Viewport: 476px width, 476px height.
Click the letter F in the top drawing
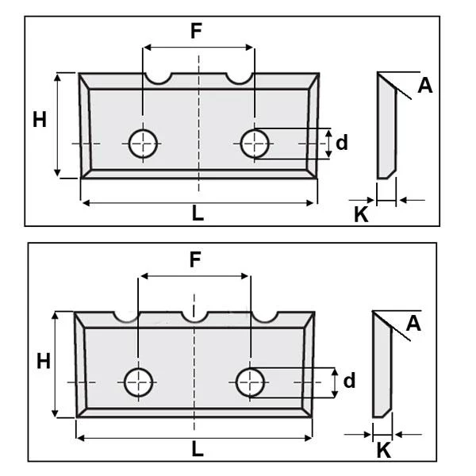click(x=197, y=32)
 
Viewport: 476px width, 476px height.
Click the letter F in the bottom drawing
click(x=194, y=260)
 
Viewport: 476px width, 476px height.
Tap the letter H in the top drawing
click(x=40, y=121)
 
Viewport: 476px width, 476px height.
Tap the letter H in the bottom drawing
click(x=44, y=362)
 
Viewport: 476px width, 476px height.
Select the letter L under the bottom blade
click(x=197, y=449)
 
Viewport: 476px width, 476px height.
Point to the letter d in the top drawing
click(x=342, y=143)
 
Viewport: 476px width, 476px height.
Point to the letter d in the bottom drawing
click(x=349, y=382)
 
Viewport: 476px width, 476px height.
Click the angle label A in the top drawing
click(x=425, y=86)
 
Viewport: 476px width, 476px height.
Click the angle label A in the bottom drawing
click(x=413, y=323)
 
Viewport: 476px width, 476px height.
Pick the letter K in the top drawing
click(x=361, y=214)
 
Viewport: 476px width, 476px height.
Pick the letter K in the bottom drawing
click(x=382, y=451)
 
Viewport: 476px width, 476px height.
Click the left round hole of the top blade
click(x=144, y=143)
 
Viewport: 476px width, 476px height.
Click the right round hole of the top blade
click(x=255, y=143)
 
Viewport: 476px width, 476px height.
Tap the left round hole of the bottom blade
click(x=139, y=382)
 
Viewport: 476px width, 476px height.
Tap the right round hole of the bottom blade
click(x=251, y=382)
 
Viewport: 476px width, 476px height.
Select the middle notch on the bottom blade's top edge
click(x=194, y=317)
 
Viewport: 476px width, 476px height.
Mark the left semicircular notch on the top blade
click(x=159, y=78)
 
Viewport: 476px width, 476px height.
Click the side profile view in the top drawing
click(x=386, y=127)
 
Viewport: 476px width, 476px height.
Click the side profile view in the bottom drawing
click(x=382, y=365)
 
